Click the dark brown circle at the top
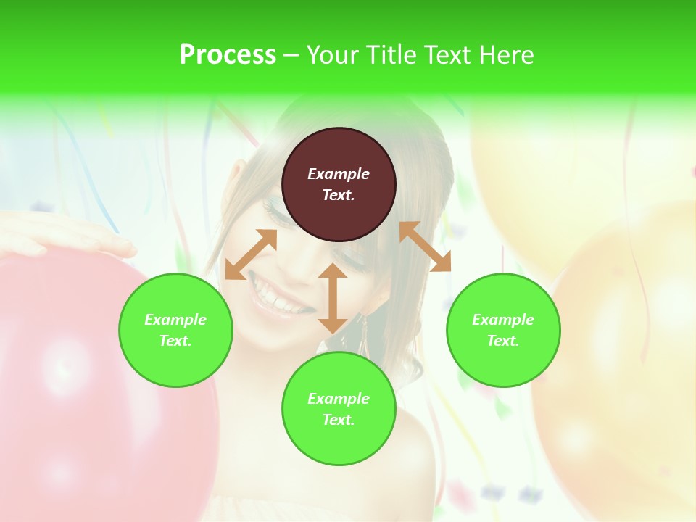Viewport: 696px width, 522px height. click(x=339, y=184)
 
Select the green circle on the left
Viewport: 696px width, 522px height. click(x=175, y=330)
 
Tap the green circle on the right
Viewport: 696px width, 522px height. click(x=503, y=330)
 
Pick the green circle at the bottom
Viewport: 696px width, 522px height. click(x=339, y=409)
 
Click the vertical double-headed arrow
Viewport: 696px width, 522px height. click(x=333, y=298)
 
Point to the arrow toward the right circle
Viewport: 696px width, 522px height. click(x=426, y=246)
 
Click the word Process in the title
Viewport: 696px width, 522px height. click(x=228, y=55)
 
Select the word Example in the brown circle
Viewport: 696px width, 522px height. click(x=339, y=174)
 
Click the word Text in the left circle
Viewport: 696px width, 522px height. click(x=175, y=341)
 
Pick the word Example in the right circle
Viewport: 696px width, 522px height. click(x=503, y=320)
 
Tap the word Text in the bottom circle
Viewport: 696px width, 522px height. click(x=338, y=420)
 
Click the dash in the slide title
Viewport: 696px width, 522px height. click(x=291, y=55)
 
